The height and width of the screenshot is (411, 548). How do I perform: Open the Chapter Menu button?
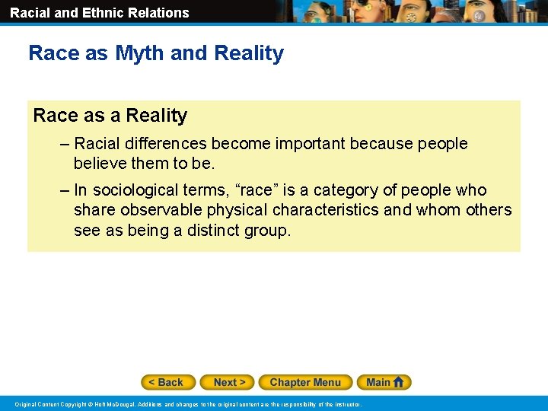tap(305, 382)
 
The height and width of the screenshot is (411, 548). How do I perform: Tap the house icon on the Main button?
tap(400, 382)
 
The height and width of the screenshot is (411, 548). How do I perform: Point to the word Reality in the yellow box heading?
tap(156, 116)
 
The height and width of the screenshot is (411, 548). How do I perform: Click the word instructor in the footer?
tap(346, 404)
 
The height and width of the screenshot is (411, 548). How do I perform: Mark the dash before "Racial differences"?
tap(65, 144)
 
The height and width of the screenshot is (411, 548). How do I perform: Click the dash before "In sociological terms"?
tap(65, 190)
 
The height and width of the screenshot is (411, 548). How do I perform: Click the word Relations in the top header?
tap(161, 12)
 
